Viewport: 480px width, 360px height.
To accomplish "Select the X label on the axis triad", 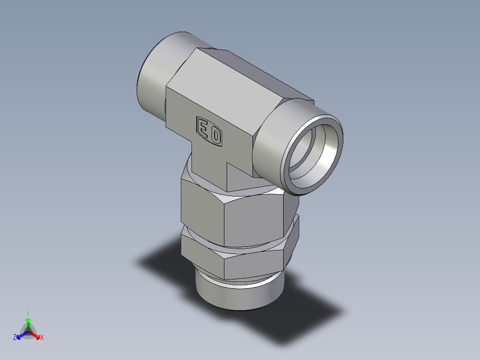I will pos(41,338).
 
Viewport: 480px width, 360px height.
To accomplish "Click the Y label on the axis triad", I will pos(28,313).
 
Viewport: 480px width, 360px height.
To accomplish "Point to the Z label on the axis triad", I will pos(15,338).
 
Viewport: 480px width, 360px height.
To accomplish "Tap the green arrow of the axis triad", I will pos(28,323).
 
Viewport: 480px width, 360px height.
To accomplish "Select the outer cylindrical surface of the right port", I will pos(272,138).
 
